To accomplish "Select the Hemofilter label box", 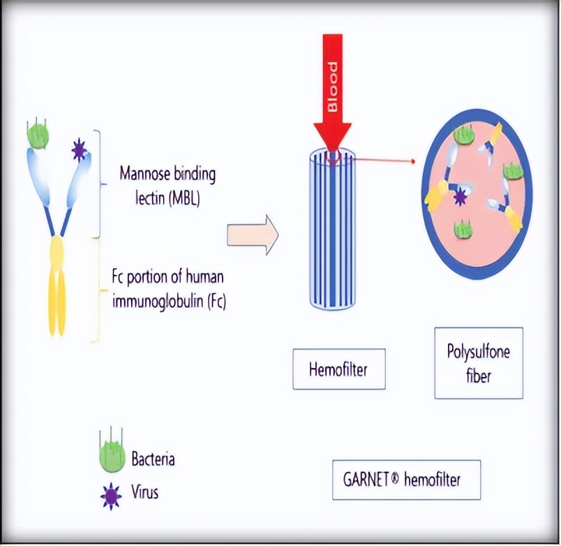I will tap(338, 368).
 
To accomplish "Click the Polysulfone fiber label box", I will tap(478, 362).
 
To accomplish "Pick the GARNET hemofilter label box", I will tap(406, 480).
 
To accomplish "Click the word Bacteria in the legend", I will tap(153, 459).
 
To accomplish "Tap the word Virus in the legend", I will tap(145, 492).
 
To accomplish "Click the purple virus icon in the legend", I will tap(110, 495).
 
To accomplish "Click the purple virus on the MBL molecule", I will tap(80, 149).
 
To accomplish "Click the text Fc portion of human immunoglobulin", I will tap(168, 290).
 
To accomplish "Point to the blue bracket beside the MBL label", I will tap(103, 185).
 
